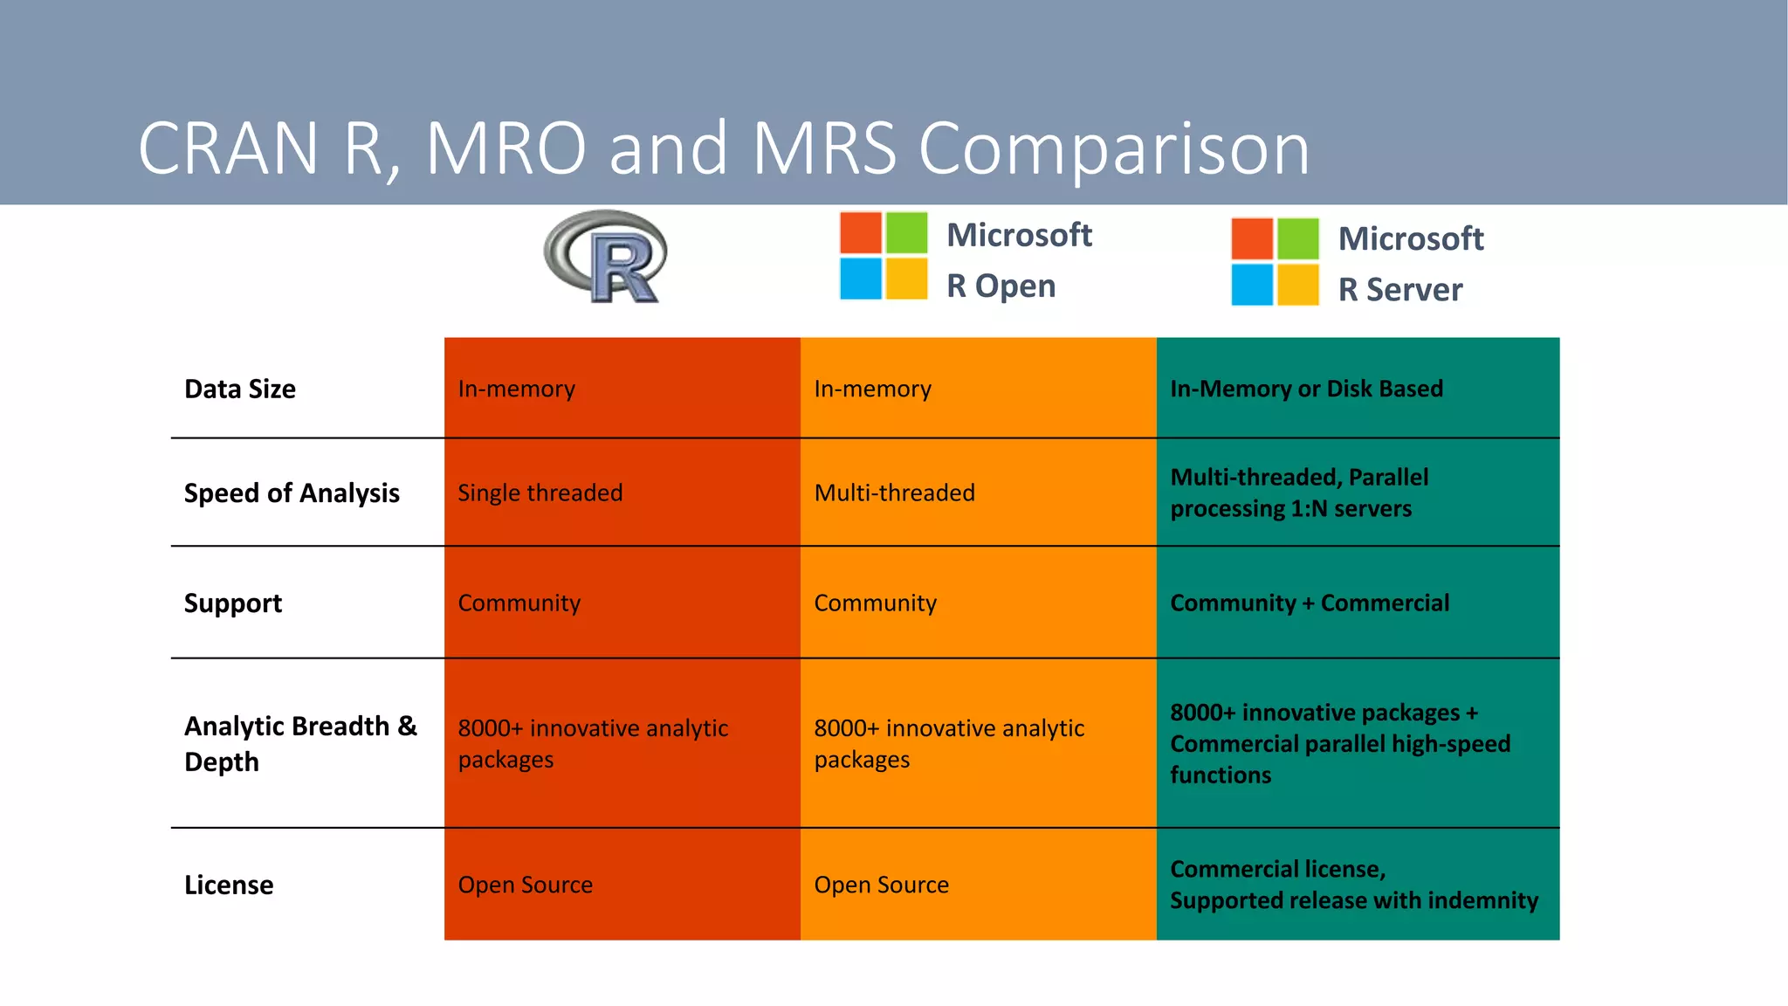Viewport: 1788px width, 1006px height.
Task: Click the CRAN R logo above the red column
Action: [x=605, y=257]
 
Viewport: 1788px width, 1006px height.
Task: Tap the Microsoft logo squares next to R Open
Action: [x=883, y=256]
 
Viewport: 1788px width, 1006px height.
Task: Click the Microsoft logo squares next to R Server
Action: [x=1275, y=261]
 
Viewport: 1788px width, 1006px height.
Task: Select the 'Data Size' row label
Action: [x=240, y=389]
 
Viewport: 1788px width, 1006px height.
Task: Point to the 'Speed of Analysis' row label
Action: [x=292, y=493]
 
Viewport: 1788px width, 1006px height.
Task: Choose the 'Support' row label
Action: [x=233, y=603]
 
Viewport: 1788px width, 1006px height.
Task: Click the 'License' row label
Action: [x=229, y=885]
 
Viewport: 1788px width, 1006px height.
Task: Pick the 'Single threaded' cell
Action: [x=540, y=493]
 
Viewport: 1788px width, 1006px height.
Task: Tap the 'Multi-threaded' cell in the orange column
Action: [x=894, y=493]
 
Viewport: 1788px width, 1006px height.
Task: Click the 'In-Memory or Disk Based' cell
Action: [x=1306, y=389]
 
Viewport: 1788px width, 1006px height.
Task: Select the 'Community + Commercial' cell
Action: [x=1310, y=603]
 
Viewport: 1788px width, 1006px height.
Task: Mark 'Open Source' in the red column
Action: [x=526, y=885]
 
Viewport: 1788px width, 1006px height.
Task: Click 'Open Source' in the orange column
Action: [x=881, y=885]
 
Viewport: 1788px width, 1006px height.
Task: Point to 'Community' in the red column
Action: [x=519, y=603]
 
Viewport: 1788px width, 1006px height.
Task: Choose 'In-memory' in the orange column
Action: [x=872, y=389]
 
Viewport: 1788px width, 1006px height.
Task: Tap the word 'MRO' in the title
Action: [x=505, y=148]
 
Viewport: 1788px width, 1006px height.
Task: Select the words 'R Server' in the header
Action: [x=1400, y=290]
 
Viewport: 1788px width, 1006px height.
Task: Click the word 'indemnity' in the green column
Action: [x=1482, y=900]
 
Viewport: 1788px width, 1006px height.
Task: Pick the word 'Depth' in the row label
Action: [x=222, y=762]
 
